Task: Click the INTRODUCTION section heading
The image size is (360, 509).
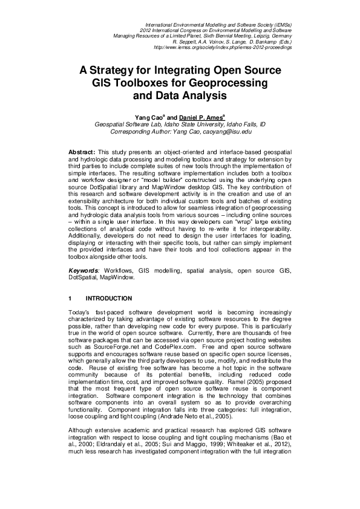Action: click(x=109, y=299)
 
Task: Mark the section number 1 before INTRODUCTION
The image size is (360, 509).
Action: click(x=71, y=299)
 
